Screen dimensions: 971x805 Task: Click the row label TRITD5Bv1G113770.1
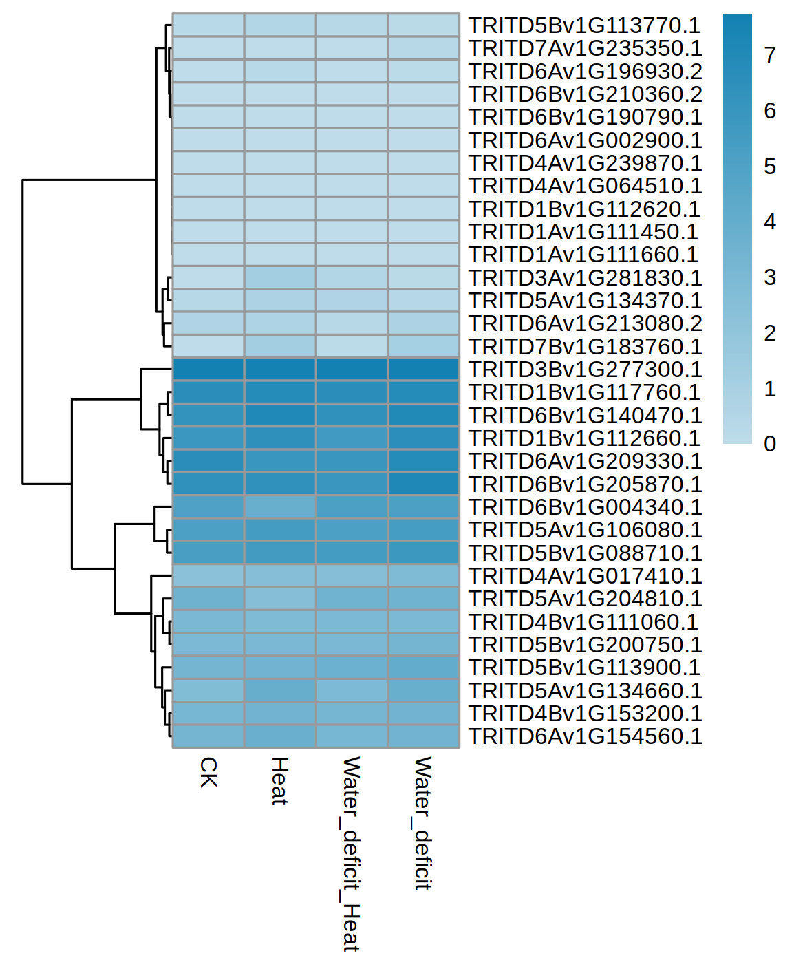(x=584, y=25)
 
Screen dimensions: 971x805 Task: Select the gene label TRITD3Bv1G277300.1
(x=584, y=370)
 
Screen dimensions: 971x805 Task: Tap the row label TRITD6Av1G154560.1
(x=584, y=736)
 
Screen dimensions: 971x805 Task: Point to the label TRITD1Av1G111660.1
(x=583, y=255)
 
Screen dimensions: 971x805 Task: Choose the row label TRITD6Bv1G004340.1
(x=584, y=507)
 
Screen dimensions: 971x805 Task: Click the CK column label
(x=208, y=772)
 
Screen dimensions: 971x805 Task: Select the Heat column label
(x=279, y=781)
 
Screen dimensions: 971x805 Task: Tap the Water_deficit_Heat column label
(x=351, y=853)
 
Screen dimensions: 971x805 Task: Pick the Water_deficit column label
(x=422, y=823)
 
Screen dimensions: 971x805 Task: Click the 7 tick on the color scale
(x=770, y=55)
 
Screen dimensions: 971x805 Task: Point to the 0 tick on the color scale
(x=770, y=444)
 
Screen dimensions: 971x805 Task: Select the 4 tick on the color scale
(x=770, y=222)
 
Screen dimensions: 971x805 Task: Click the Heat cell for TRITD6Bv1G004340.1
(x=280, y=507)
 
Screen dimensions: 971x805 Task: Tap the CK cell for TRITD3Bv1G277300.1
(x=208, y=370)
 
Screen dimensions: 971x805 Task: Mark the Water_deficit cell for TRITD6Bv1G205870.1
(x=423, y=484)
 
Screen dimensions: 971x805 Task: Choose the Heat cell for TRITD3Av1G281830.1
(x=280, y=277)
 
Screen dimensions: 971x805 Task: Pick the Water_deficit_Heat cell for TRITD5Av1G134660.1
(x=352, y=690)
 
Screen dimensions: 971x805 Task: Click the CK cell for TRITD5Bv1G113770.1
(x=208, y=25)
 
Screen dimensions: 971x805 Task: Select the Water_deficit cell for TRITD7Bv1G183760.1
(x=423, y=346)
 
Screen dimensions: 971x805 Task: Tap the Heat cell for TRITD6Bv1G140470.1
(x=280, y=415)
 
